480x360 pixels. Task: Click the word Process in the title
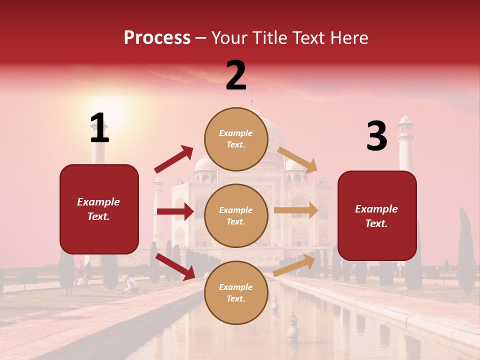click(x=157, y=37)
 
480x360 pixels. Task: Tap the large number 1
click(x=99, y=128)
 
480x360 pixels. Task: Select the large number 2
click(x=236, y=75)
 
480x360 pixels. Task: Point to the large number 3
click(x=376, y=136)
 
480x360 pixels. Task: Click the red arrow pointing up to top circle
click(x=174, y=159)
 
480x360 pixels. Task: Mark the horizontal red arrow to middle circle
click(x=175, y=211)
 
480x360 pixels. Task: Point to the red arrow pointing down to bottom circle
click(x=175, y=266)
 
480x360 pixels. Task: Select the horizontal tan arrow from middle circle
click(x=296, y=210)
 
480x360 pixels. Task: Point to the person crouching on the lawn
click(x=131, y=284)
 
